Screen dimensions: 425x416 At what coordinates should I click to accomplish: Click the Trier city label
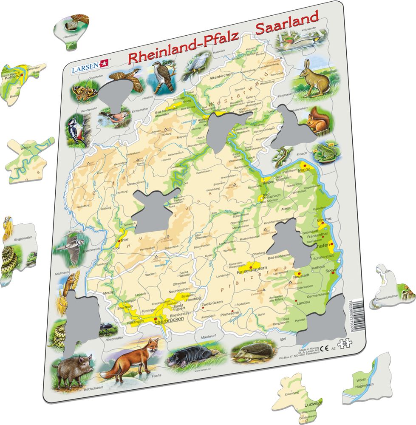pyautogui.click(x=125, y=240)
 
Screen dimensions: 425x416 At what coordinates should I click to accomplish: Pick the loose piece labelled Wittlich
pyautogui.click(x=28, y=158)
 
